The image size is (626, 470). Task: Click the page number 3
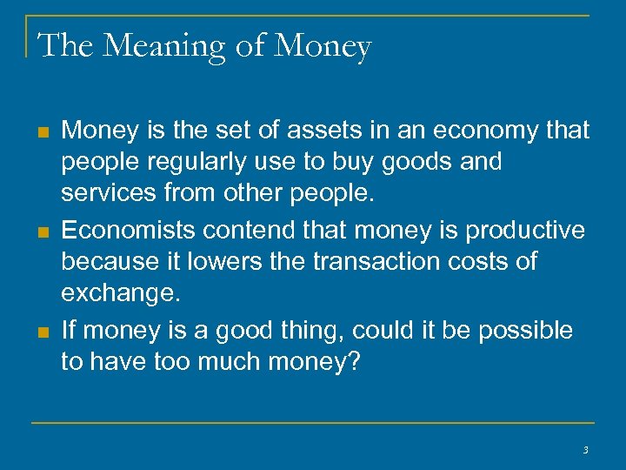click(x=585, y=450)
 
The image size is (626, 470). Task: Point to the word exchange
click(x=121, y=293)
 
